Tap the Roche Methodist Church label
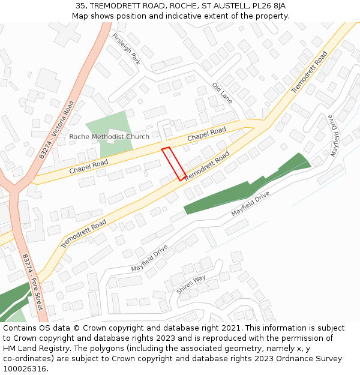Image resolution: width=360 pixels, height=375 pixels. [x=109, y=137]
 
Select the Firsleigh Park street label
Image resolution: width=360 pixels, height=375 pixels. [x=126, y=49]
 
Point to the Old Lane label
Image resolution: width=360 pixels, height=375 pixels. [x=222, y=94]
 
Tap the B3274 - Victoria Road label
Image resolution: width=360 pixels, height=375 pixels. [x=56, y=129]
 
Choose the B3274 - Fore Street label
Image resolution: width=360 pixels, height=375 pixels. [x=33, y=281]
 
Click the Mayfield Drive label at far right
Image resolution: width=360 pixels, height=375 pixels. [x=333, y=135]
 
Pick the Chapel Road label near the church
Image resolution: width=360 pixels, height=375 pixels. [x=206, y=134]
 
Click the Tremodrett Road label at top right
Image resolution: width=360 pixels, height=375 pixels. [x=310, y=71]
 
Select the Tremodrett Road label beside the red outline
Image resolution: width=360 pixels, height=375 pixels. [x=206, y=167]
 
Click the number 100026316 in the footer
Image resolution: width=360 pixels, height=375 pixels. [x=26, y=368]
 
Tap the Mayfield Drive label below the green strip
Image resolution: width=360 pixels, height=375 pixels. [x=251, y=204]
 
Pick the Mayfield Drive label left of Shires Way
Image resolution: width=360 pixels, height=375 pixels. [x=149, y=258]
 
